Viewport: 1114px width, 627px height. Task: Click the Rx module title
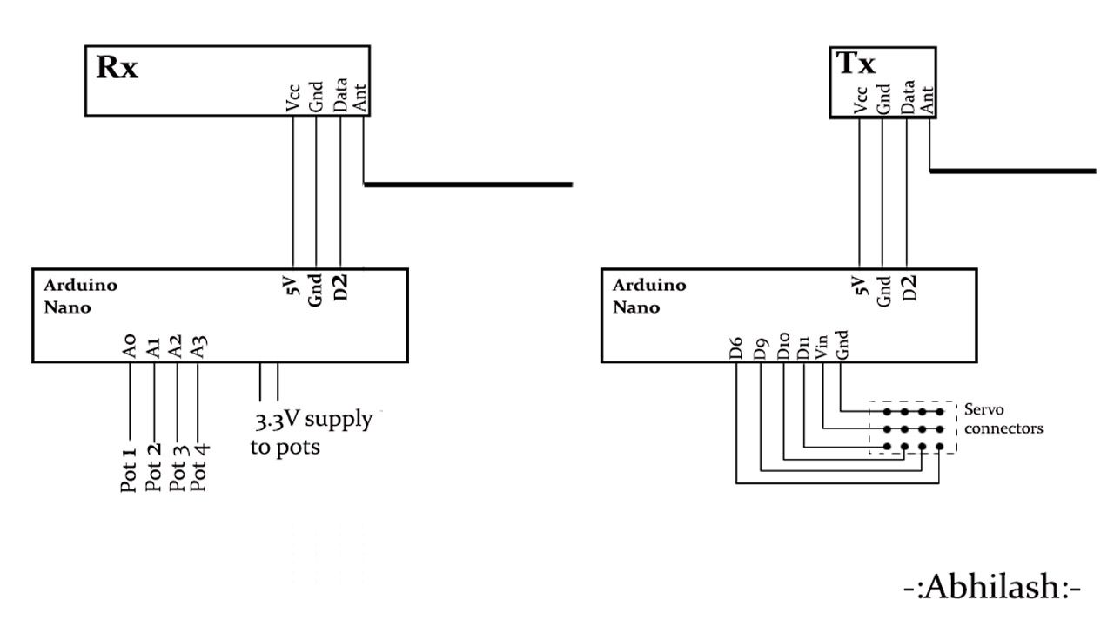point(117,68)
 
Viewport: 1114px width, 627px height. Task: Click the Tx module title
point(856,64)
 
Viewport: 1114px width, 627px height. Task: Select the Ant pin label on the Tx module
point(928,98)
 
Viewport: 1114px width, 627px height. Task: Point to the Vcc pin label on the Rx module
point(293,99)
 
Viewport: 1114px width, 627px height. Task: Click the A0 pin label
point(130,347)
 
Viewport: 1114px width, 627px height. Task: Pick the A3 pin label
point(199,347)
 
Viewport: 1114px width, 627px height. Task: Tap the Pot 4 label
point(199,469)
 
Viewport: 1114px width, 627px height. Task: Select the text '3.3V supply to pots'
point(313,434)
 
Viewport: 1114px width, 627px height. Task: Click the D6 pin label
point(736,348)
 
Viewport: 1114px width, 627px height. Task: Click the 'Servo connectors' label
point(1003,419)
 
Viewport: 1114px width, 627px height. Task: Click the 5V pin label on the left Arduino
point(292,286)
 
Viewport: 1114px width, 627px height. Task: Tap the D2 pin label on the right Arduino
point(909,287)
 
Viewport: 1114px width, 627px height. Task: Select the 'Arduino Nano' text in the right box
point(648,296)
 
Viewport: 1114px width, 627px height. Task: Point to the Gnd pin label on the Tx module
point(883,98)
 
